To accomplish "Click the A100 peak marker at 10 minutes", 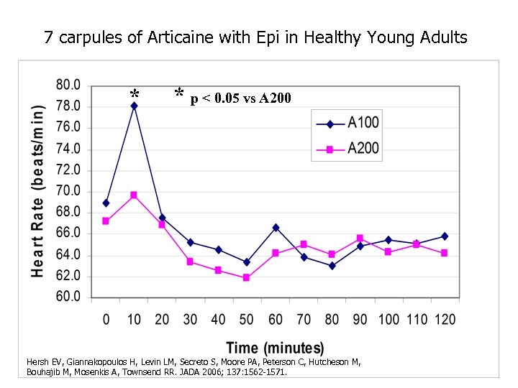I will (134, 106).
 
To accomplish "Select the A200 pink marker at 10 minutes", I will (134, 195).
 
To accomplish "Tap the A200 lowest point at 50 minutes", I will (246, 277).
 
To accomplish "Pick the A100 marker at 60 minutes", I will (275, 227).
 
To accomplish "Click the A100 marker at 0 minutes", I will (106, 203).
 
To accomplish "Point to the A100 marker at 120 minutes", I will (444, 236).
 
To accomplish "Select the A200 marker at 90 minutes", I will (360, 238).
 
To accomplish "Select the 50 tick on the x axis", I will (246, 319).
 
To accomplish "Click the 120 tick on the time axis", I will (445, 319).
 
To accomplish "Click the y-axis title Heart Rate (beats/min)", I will (37, 190).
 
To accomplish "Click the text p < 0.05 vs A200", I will (240, 98).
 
